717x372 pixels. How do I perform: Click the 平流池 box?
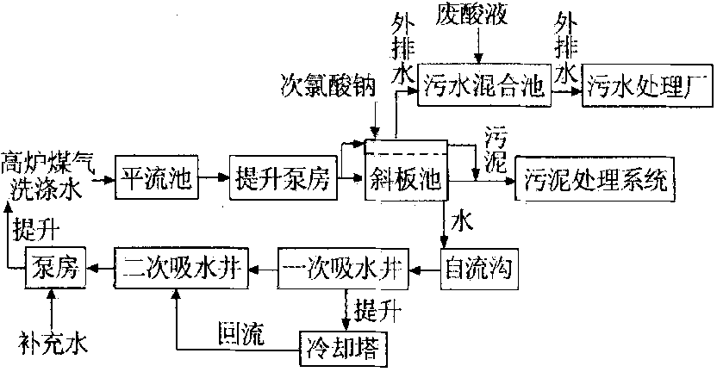[x=156, y=177]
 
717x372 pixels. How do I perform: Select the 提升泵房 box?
[x=283, y=177]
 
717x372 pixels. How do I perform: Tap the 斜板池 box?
[x=406, y=170]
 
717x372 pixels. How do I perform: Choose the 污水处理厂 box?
[x=647, y=85]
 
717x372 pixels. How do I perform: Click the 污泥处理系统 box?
[x=595, y=178]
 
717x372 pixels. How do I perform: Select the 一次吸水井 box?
[x=344, y=269]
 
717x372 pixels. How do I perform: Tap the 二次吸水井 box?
[x=181, y=268]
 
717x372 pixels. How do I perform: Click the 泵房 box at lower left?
[x=56, y=268]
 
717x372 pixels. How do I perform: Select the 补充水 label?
[x=53, y=343]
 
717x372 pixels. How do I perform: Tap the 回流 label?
[x=241, y=333]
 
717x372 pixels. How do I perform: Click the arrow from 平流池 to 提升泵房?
[x=214, y=178]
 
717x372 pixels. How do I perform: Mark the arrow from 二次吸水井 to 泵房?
[x=100, y=269]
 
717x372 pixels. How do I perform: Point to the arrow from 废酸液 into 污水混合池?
[x=478, y=46]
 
